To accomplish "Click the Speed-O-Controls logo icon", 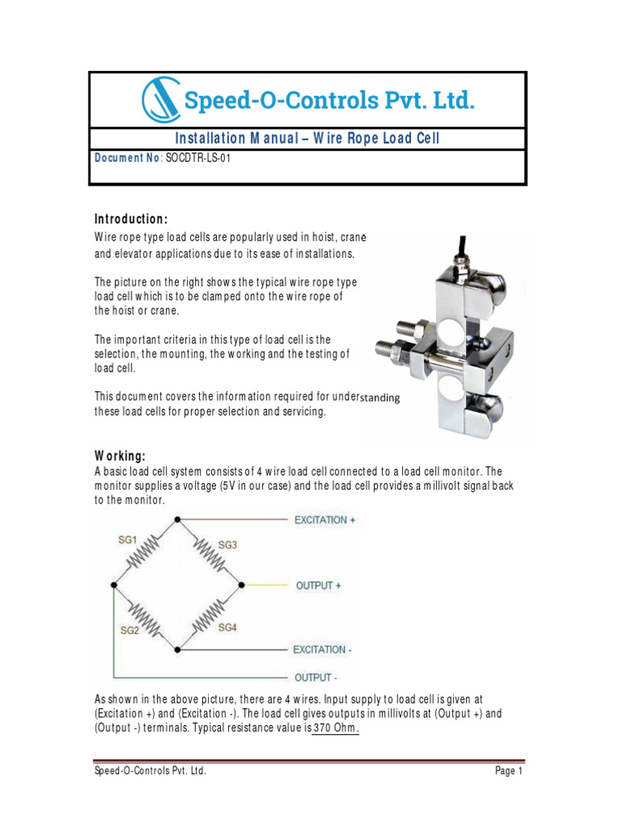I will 161,101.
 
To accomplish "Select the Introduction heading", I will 131,219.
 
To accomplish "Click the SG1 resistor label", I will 128,540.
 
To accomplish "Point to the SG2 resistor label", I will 130,630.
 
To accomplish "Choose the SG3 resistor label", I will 227,545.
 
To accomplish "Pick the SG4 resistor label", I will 227,627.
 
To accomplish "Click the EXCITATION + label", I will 325,520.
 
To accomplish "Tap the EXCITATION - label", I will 322,649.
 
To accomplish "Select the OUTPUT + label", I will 318,586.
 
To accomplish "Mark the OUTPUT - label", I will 316,677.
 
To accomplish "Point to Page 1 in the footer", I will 509,771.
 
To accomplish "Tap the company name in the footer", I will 150,771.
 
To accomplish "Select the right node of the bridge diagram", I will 243,583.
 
